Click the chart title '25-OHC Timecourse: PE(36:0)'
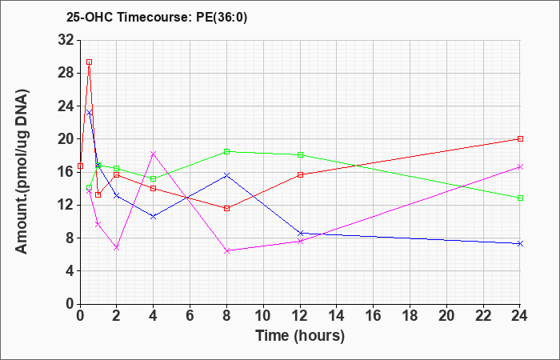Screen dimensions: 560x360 click(x=157, y=17)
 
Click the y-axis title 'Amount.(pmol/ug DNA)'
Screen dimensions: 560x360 click(x=22, y=171)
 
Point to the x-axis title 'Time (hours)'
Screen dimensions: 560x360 click(x=300, y=336)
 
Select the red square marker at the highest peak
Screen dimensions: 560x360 click(x=90, y=62)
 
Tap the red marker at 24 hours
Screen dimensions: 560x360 click(x=520, y=139)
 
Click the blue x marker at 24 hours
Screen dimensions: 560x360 click(x=520, y=243)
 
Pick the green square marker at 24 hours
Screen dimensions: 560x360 click(x=520, y=198)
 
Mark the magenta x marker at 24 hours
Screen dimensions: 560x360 click(x=520, y=166)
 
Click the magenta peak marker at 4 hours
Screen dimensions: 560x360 click(x=154, y=154)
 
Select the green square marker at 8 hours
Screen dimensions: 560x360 click(x=226, y=151)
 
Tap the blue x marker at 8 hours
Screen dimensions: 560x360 click(x=226, y=175)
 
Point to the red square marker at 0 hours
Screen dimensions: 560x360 click(x=80, y=166)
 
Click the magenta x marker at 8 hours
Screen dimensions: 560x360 click(x=226, y=251)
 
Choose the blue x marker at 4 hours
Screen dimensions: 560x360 click(x=154, y=217)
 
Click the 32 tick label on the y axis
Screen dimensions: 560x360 click(x=66, y=40)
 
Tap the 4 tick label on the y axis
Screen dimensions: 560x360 click(x=70, y=271)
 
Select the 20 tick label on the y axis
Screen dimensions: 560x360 click(x=66, y=139)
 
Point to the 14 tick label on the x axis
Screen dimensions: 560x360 click(x=337, y=316)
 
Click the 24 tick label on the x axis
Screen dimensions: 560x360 click(x=520, y=316)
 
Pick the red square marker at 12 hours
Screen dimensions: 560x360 click(x=300, y=174)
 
